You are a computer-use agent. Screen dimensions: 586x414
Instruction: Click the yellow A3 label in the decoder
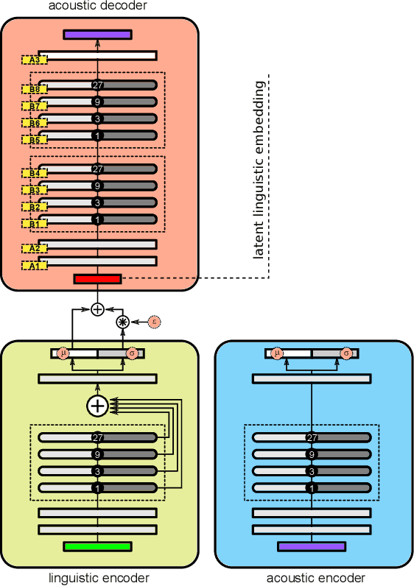click(x=34, y=59)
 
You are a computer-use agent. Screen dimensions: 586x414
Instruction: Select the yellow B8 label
click(x=34, y=89)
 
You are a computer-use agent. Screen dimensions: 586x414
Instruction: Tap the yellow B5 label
click(x=34, y=140)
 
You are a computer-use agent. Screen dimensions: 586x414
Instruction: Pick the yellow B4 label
click(x=34, y=173)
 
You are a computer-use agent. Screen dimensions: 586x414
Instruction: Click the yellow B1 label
click(x=34, y=223)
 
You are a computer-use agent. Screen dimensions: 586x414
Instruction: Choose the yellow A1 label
click(x=34, y=266)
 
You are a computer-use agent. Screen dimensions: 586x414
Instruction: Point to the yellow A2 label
click(x=34, y=248)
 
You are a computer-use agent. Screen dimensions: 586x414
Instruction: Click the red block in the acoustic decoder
click(x=97, y=278)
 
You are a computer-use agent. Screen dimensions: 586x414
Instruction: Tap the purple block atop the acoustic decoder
click(x=97, y=34)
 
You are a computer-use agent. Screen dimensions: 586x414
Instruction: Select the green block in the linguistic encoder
click(x=97, y=546)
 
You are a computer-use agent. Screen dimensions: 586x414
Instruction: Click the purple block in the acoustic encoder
click(x=312, y=546)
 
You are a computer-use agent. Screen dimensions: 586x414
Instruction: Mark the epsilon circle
click(x=154, y=320)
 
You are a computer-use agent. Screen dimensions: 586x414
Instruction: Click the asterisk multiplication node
click(x=124, y=322)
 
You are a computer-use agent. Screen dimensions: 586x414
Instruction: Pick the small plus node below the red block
click(x=97, y=309)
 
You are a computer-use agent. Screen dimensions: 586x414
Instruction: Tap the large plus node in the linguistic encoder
click(x=97, y=405)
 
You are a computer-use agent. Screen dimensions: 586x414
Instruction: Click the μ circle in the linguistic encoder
click(x=63, y=353)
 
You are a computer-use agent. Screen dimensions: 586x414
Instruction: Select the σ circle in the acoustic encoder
click(x=346, y=353)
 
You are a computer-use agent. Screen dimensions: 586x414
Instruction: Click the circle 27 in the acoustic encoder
click(x=312, y=437)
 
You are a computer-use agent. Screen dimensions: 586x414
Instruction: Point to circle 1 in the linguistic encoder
click(x=97, y=487)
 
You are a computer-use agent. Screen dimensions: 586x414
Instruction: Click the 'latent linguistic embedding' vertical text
click(x=259, y=170)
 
